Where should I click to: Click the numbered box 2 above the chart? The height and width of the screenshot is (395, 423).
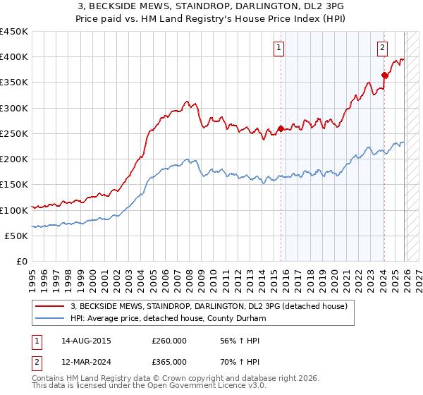point(382,48)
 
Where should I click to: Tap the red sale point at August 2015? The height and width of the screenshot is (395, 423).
point(281,128)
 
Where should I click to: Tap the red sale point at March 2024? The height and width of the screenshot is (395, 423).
point(384,75)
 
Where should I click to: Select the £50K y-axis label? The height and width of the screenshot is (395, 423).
point(16,236)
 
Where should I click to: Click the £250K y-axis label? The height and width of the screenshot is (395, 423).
point(14,133)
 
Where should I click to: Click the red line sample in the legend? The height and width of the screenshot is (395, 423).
point(50,307)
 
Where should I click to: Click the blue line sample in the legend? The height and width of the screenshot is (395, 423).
point(50,319)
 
